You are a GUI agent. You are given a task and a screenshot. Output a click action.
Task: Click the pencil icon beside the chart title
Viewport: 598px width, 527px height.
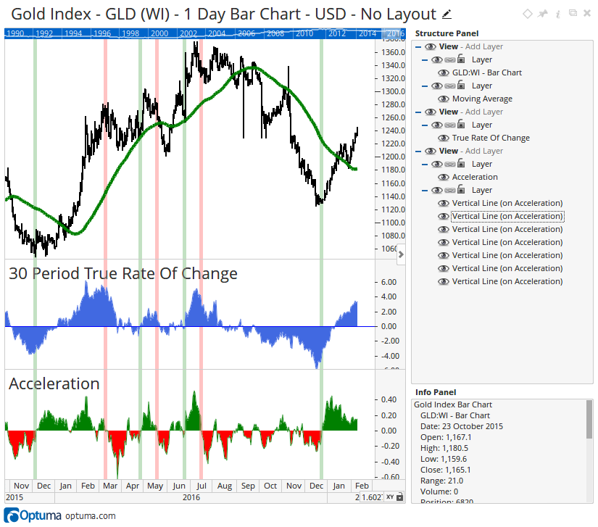447,14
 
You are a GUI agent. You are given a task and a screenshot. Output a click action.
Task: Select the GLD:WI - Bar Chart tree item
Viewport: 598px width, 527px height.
486,72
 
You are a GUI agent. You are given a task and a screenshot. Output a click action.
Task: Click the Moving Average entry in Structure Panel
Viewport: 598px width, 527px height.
482,99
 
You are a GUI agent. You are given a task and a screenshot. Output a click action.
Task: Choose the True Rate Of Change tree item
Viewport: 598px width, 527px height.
491,138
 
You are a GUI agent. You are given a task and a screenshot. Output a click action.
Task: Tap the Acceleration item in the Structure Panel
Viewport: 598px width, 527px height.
475,177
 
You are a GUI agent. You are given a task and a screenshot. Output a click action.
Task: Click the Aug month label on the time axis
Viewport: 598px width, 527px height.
225,486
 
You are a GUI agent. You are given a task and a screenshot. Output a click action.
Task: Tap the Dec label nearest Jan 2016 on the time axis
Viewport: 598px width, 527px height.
43,486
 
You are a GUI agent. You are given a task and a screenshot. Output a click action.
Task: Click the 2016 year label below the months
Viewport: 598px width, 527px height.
191,497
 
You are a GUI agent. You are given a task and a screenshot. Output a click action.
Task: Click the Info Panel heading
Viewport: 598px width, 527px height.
436,392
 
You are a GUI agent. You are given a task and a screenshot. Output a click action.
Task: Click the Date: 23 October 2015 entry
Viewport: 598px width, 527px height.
461,426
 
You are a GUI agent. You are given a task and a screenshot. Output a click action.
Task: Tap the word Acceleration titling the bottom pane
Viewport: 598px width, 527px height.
54,383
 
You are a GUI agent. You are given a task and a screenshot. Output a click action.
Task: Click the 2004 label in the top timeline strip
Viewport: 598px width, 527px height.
216,33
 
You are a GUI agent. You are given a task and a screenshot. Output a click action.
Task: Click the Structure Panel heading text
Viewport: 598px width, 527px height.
447,33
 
